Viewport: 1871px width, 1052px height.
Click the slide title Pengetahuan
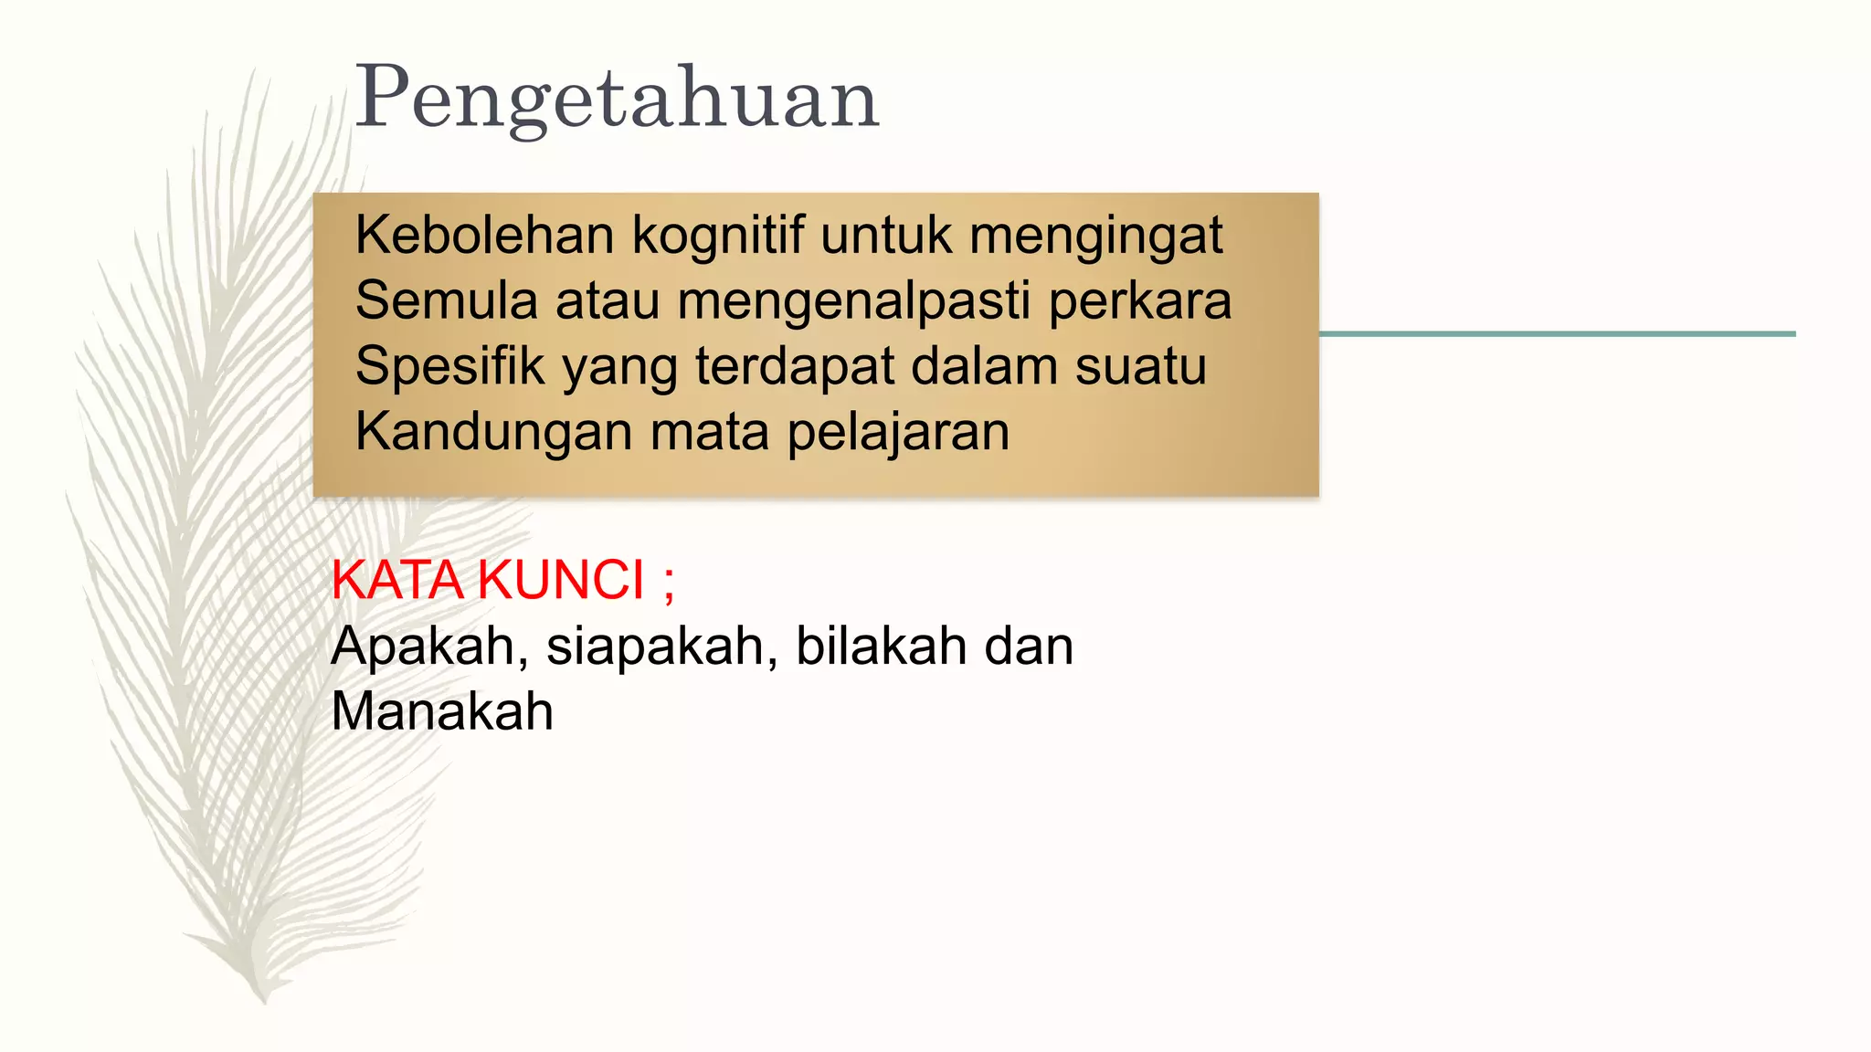617,99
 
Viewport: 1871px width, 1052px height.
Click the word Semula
446,300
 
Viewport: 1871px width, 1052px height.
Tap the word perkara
1139,302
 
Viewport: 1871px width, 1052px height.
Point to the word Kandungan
493,433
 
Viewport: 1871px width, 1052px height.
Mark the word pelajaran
898,433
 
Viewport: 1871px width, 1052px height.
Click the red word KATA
396,580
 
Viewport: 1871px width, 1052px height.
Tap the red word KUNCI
561,580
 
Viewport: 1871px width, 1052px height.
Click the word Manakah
442,711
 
